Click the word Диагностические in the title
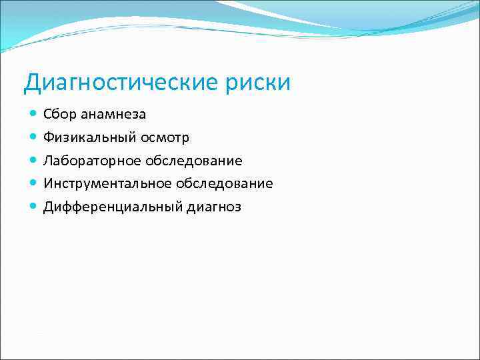pyautogui.click(x=119, y=83)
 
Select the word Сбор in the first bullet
pyautogui.click(x=60, y=114)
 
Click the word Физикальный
pyautogui.click(x=87, y=137)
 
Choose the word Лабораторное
pyautogui.click(x=90, y=161)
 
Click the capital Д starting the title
pyautogui.click(x=31, y=83)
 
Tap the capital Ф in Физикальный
pyautogui.click(x=48, y=137)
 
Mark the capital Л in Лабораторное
pyautogui.click(x=48, y=161)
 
